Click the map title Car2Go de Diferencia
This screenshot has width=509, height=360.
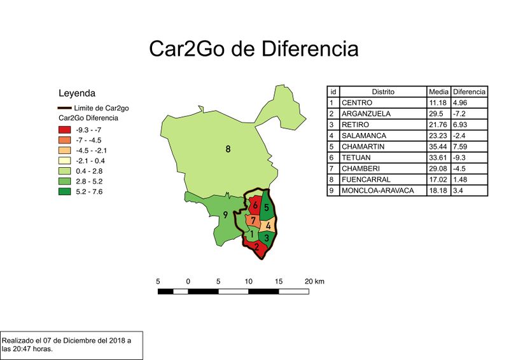253,48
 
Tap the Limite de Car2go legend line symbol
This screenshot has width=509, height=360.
64,108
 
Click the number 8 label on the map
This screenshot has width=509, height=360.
228,149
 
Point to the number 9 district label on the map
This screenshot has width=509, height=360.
225,214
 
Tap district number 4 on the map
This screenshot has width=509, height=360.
268,226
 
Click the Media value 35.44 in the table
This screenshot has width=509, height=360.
438,146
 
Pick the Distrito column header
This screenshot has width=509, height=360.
383,92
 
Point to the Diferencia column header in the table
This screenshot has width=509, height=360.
470,92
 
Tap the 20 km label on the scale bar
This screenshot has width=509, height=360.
315,281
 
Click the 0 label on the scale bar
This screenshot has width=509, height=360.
188,281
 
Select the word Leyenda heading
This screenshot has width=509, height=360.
76,93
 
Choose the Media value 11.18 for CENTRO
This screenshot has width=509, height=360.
438,102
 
